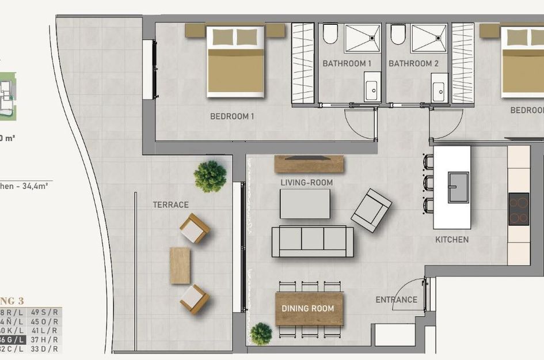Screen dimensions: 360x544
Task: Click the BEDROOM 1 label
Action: tap(232, 116)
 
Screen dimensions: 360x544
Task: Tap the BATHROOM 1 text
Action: tap(347, 63)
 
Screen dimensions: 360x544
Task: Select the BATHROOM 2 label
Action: tap(413, 63)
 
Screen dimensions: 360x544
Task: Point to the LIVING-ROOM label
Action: tap(307, 183)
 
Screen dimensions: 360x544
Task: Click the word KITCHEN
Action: tap(452, 240)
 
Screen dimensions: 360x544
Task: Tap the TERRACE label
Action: tap(170, 204)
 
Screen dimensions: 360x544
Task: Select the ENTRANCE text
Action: tap(396, 300)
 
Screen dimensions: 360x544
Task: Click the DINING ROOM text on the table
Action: tap(307, 309)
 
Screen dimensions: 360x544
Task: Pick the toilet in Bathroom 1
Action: tap(330, 34)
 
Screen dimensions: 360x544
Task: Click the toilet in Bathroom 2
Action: tap(398, 34)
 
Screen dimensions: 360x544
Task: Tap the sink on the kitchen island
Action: tap(459, 188)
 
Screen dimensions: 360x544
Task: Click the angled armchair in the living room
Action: tap(371, 210)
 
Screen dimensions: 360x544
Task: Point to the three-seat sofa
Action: tap(313, 241)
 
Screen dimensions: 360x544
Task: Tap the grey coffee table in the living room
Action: tap(305, 204)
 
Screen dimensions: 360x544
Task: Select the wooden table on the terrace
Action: tap(180, 266)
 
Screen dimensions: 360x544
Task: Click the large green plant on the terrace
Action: tap(210, 176)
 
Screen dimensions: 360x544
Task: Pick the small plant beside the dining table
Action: tap(261, 334)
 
